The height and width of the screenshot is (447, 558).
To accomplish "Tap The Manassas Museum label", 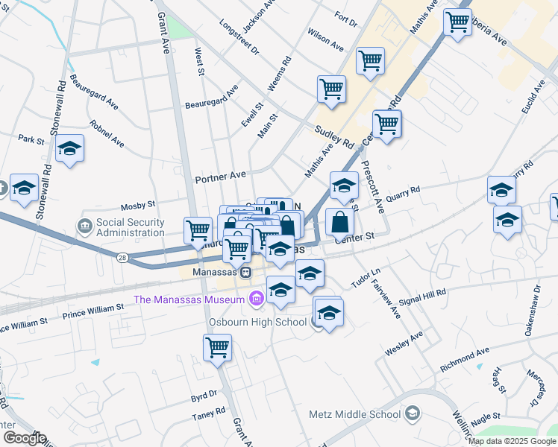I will tap(189, 299).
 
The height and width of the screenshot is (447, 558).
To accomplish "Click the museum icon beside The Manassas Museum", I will tap(257, 299).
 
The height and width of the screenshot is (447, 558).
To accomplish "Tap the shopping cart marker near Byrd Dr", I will tap(217, 347).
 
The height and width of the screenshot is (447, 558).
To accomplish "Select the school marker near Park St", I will tap(69, 148).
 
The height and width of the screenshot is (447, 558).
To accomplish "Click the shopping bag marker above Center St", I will tap(340, 221).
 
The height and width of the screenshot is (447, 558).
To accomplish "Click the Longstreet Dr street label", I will tap(239, 38).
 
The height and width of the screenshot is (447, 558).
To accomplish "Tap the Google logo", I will tap(25, 438).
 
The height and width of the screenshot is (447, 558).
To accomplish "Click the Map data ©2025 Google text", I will tap(512, 441).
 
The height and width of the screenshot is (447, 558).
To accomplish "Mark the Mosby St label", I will tap(138, 204).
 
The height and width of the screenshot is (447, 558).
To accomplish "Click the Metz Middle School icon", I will tap(413, 414).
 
